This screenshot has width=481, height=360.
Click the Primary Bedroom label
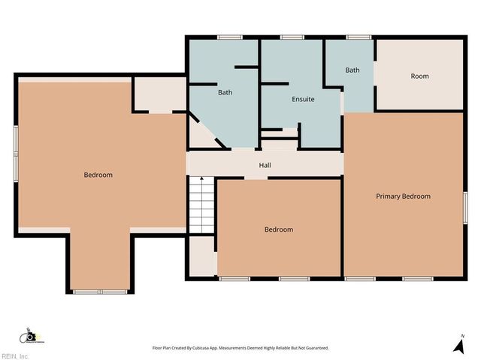[x=403, y=196]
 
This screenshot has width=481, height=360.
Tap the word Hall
[x=265, y=165]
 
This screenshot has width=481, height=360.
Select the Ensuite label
[x=303, y=99]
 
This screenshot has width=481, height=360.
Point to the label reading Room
[x=419, y=76]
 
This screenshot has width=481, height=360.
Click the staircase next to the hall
[x=201, y=205]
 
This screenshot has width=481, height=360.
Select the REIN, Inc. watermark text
[x=15, y=355]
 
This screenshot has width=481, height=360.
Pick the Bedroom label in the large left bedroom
[x=98, y=175]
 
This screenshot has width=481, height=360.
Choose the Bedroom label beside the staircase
[x=278, y=229]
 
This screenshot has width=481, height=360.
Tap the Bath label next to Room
[x=352, y=70]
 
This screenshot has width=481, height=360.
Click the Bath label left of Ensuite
[x=225, y=93]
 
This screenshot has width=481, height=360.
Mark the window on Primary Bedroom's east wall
[x=464, y=202]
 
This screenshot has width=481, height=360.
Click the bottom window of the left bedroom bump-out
[x=100, y=290]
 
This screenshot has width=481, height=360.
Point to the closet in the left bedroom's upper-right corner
[x=159, y=94]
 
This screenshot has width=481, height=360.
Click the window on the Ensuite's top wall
[x=292, y=37]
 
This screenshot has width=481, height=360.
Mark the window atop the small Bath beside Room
[x=358, y=37]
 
